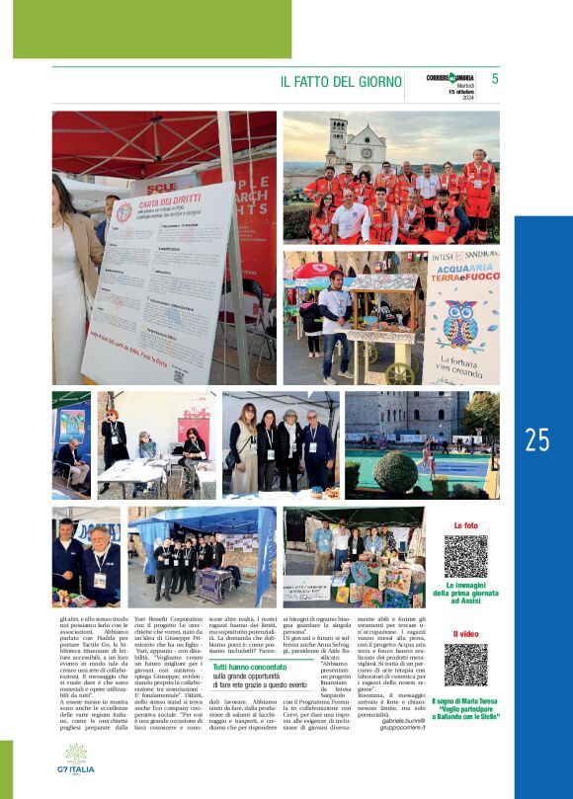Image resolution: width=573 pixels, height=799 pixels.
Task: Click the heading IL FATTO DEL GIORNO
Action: point(341,82)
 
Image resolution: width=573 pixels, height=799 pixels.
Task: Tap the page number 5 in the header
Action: point(495,79)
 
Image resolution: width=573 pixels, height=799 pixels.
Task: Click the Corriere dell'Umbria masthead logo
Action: point(450,78)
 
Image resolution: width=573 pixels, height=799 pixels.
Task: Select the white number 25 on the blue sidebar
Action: point(537,440)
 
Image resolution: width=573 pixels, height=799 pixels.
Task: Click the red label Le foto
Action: point(465,525)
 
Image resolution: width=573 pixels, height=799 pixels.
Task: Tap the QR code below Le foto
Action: point(465,556)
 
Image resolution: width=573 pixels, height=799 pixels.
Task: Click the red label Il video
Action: point(465,634)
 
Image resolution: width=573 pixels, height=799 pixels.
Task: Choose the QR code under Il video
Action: point(465,665)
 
